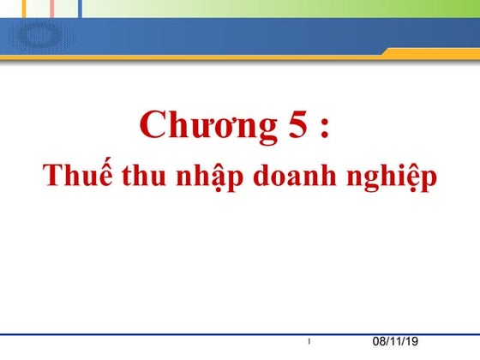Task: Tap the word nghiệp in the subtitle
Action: pos(386,177)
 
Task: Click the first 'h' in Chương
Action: pos(179,125)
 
